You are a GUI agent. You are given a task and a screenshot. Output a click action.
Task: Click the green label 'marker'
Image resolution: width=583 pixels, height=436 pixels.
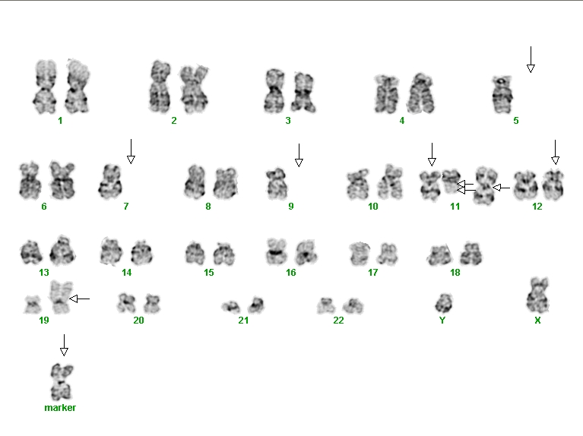(60, 408)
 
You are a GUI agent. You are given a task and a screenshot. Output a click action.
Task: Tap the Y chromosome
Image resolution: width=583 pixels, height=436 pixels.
(444, 303)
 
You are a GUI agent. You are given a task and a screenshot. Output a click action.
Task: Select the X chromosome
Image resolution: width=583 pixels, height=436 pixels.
(537, 295)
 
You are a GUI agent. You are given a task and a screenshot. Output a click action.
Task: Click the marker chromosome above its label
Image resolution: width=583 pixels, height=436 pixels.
(62, 382)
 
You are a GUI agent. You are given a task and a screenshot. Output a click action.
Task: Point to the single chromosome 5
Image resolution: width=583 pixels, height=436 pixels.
(502, 94)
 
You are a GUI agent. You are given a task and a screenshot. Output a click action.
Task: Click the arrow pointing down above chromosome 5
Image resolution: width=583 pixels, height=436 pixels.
(531, 59)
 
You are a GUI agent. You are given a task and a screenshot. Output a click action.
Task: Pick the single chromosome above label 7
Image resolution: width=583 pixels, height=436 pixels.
(110, 182)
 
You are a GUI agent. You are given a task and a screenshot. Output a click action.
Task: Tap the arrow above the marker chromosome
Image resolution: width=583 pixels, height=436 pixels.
(64, 346)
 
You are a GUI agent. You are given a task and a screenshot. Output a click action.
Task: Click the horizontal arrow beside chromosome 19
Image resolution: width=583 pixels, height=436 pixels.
(80, 299)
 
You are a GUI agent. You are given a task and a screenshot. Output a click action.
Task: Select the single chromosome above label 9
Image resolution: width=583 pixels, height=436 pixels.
(277, 184)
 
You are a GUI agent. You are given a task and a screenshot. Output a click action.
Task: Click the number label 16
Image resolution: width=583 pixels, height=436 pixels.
(291, 273)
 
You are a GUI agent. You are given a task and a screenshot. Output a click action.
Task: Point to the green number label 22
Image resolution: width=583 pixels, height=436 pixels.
(338, 320)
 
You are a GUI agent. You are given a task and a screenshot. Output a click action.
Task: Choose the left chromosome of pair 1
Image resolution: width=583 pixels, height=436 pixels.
(45, 87)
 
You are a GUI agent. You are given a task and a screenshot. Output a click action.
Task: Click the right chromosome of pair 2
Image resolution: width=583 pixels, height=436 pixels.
(194, 88)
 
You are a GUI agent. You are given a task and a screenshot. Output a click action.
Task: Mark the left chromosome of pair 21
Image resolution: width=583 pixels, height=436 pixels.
(231, 307)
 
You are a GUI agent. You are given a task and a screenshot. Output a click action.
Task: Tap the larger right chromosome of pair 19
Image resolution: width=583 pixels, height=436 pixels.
(59, 297)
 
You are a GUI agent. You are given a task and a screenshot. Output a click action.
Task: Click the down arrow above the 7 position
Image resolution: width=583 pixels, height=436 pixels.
(131, 151)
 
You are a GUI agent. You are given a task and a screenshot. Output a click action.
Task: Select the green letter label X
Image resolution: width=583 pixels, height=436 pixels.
(537, 320)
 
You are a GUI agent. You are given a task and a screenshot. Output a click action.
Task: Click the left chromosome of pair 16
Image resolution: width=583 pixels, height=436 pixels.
(277, 251)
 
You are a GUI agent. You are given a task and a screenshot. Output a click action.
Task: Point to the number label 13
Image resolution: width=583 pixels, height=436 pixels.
(44, 273)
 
